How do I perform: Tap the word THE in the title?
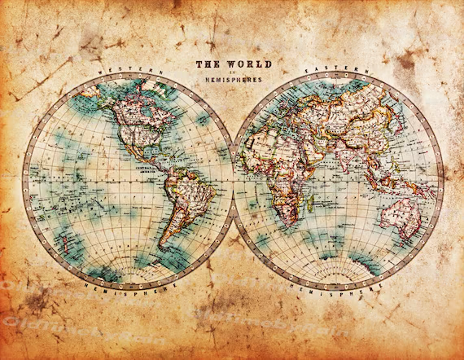[206, 64]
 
